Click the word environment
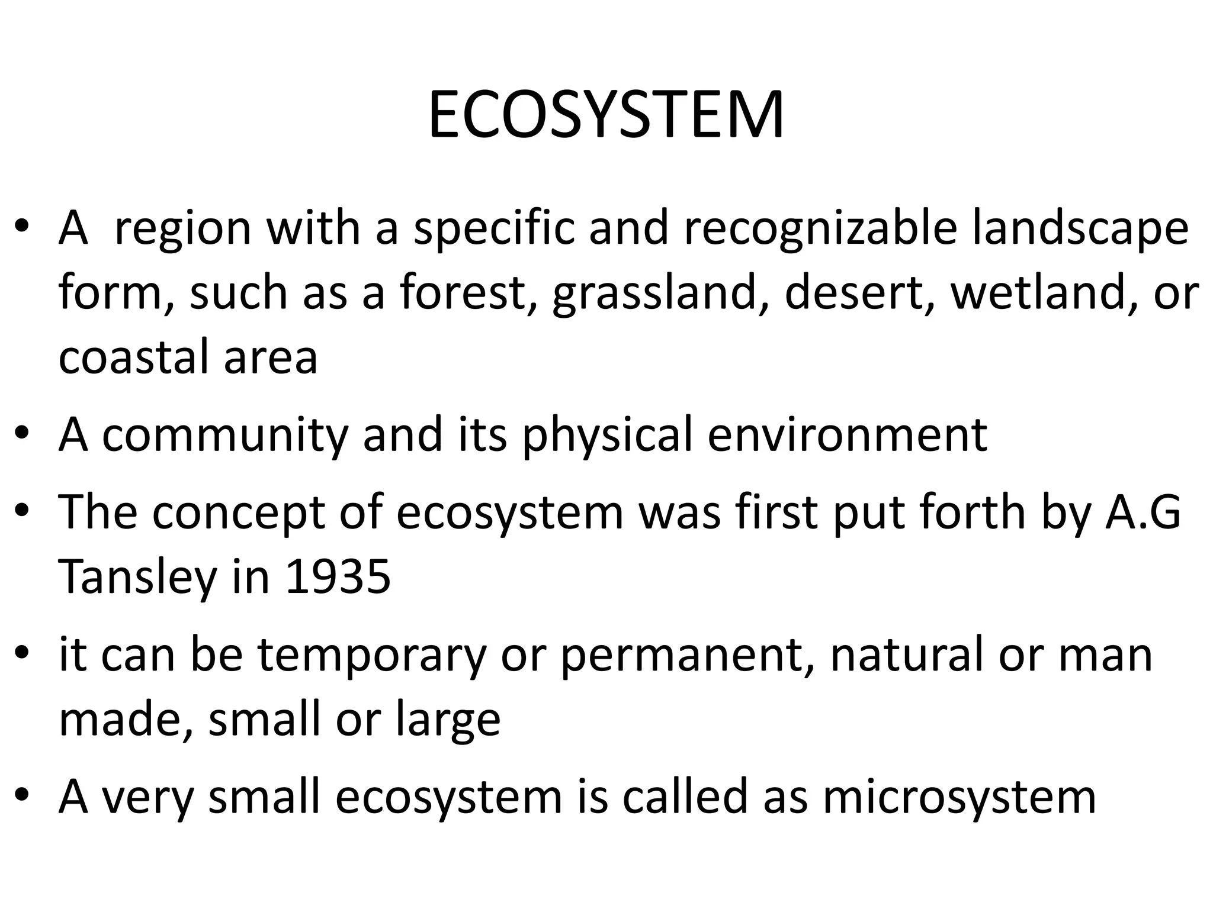click(x=847, y=435)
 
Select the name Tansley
click(x=138, y=577)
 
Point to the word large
click(x=448, y=720)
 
